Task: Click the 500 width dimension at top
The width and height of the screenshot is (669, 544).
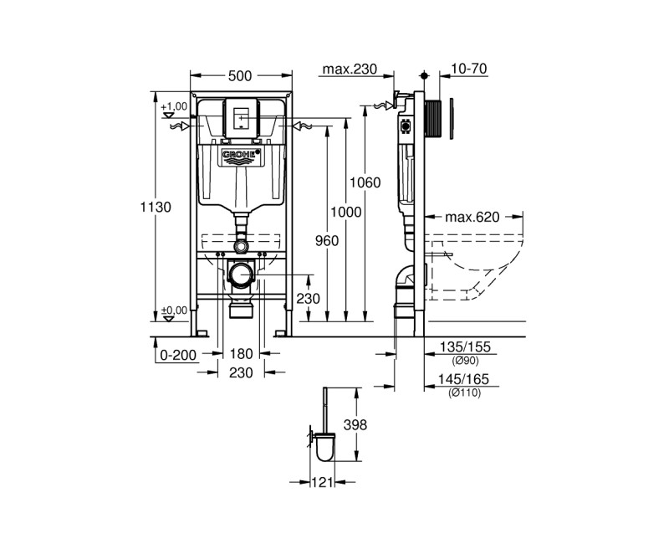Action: click(x=240, y=76)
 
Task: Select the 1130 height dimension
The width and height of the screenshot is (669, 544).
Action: click(x=160, y=207)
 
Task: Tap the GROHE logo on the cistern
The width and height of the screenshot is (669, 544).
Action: click(x=241, y=157)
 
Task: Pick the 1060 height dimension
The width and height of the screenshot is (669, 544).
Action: click(x=366, y=182)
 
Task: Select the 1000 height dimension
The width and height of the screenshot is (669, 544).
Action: click(x=346, y=213)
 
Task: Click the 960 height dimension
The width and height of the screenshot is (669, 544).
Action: click(x=327, y=241)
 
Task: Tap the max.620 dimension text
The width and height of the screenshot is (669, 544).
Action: click(x=472, y=217)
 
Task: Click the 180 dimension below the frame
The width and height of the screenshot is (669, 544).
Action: click(x=241, y=355)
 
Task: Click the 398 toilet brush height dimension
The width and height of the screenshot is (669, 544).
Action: click(x=355, y=426)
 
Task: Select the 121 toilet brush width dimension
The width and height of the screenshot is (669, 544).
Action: click(x=323, y=482)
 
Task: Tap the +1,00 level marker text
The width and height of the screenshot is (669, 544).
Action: click(x=175, y=106)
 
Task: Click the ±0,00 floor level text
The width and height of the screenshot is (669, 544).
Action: click(x=175, y=309)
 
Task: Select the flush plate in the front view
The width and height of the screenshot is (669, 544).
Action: click(x=241, y=118)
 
